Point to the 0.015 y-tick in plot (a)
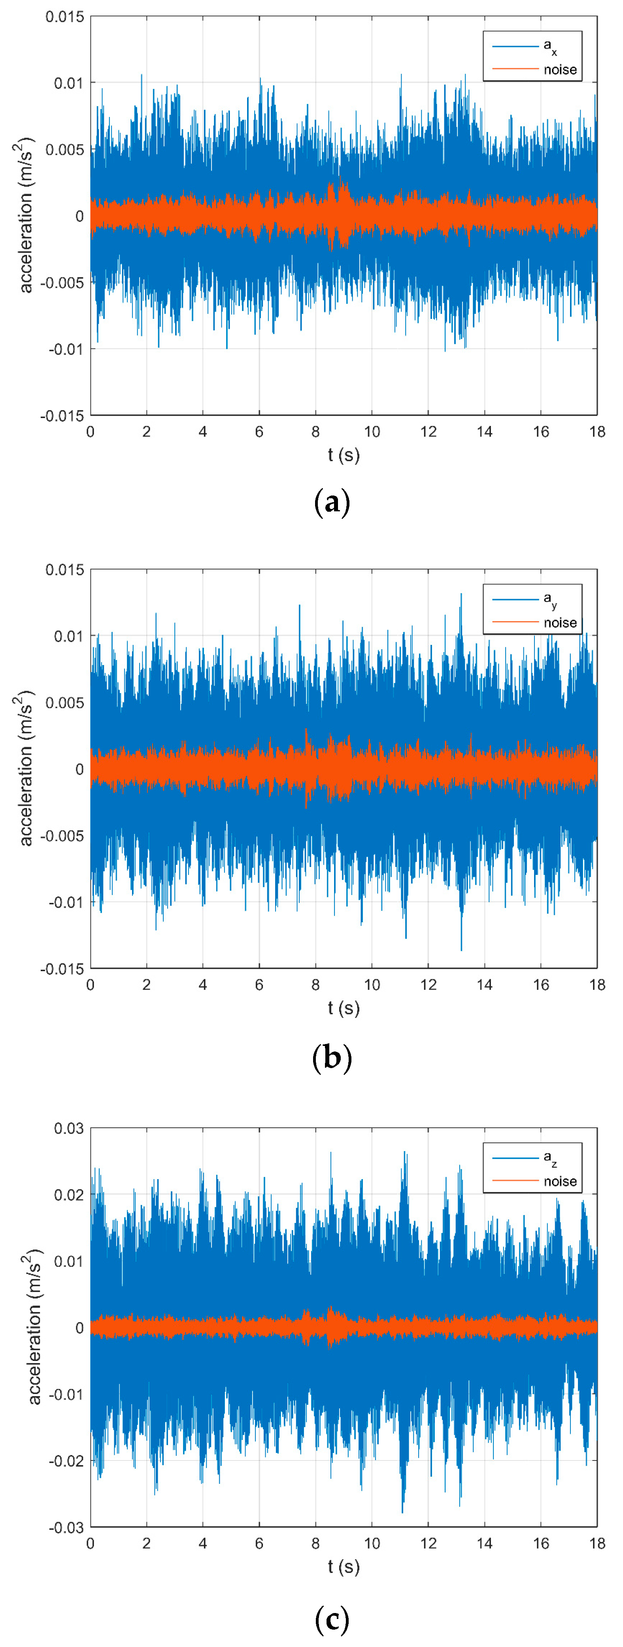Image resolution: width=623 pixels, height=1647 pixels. click(64, 17)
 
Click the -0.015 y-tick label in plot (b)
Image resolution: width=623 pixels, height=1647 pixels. click(62, 969)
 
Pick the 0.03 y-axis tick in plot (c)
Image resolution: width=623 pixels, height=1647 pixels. click(68, 1129)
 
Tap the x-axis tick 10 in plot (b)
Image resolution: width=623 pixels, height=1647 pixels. click(372, 985)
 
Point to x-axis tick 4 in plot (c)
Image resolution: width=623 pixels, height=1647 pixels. click(203, 1543)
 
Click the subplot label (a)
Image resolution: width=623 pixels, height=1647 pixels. click(332, 503)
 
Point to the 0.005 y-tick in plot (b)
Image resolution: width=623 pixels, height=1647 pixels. click(64, 703)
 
